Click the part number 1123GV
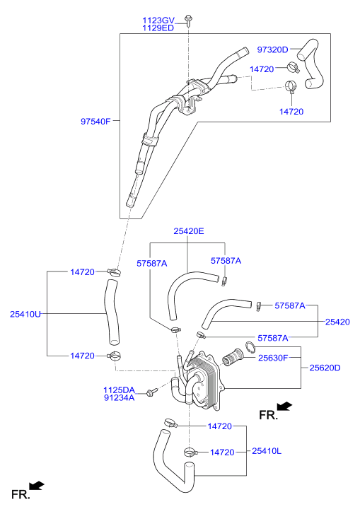click(158, 21)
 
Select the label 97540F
click(95, 122)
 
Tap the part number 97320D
click(272, 49)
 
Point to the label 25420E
click(189, 231)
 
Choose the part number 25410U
click(25, 314)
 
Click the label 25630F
click(273, 358)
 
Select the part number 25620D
click(325, 368)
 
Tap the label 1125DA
click(119, 390)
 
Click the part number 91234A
click(119, 398)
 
